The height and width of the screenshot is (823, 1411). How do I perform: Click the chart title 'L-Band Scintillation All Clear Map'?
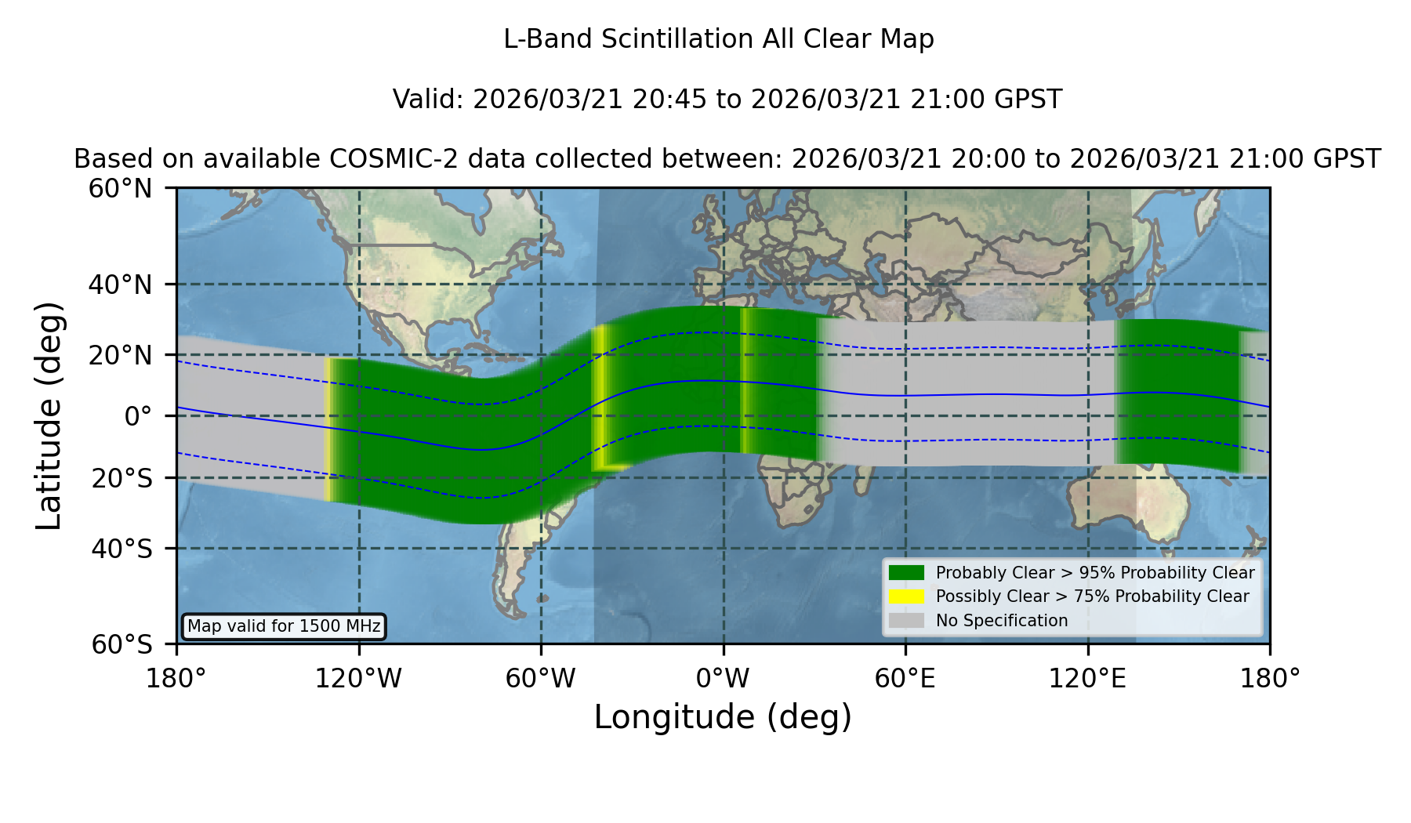[718, 39]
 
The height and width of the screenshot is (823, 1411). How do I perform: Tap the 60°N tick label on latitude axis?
[120, 189]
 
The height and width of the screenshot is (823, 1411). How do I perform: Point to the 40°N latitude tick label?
[120, 285]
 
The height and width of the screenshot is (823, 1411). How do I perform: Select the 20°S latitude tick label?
[122, 478]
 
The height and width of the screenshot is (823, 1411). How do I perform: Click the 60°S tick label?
[122, 644]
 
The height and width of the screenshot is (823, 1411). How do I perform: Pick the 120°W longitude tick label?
[358, 678]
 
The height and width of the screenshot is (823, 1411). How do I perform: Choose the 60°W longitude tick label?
[540, 678]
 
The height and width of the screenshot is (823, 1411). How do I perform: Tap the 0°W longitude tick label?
[723, 678]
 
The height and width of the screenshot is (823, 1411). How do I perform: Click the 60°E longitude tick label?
[905, 678]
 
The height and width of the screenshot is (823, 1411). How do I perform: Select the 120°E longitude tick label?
[1087, 678]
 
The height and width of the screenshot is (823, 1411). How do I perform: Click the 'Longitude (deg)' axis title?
[723, 717]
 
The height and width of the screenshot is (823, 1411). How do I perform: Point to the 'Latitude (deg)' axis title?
[49, 415]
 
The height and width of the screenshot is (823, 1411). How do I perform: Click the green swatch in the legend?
[906, 573]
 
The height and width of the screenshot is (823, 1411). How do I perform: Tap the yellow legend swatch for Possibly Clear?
[906, 596]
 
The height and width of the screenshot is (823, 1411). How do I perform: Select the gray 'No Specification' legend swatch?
[906, 621]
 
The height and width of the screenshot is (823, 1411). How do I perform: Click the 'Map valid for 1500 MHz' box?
[284, 626]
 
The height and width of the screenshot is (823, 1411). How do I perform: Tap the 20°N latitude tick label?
[120, 355]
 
